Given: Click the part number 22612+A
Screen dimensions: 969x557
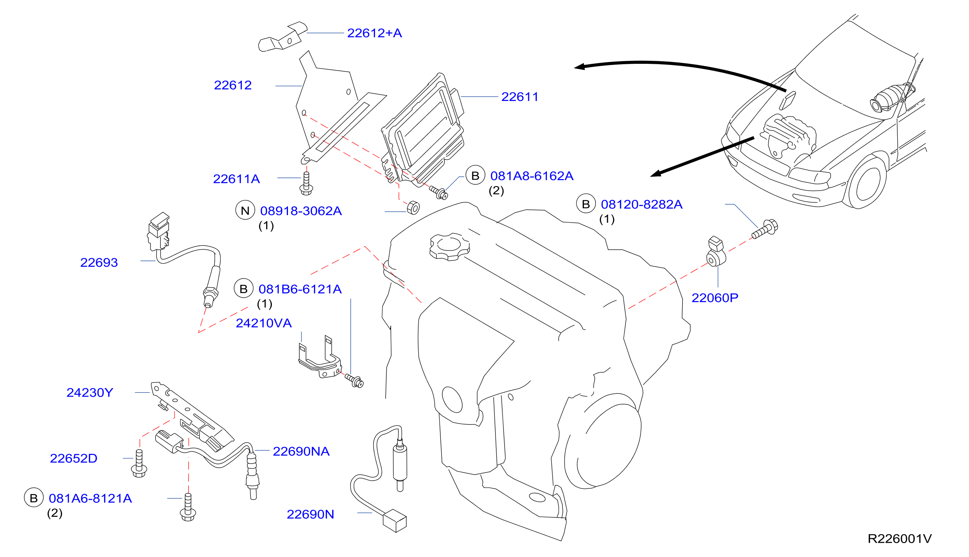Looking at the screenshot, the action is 374,33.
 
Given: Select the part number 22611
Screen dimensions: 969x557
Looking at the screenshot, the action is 520,97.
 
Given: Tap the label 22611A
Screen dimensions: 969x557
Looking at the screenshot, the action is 237,179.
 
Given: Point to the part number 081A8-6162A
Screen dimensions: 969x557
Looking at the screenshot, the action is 532,176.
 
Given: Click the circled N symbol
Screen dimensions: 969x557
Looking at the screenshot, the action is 245,210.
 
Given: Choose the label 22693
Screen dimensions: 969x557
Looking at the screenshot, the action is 99,262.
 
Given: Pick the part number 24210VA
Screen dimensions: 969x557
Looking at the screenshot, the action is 264,323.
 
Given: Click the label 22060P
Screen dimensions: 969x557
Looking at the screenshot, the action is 714,298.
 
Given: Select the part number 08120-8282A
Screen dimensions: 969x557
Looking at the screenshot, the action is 642,204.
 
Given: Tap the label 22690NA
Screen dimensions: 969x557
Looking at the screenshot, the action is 301,452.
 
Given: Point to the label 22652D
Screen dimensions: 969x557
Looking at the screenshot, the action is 74,458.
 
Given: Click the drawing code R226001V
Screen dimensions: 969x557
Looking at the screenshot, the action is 900,539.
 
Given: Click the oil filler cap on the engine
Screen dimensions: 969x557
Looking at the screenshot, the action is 449,246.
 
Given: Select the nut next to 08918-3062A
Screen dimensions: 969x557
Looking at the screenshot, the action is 413,207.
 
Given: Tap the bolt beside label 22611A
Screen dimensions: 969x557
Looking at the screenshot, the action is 306,184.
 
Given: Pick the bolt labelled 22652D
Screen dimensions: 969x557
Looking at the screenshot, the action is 139,464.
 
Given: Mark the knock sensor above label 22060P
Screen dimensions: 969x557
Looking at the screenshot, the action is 716,252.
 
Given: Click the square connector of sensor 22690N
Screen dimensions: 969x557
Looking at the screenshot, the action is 395,521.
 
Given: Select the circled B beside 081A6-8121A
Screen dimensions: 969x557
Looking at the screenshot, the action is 34,498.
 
